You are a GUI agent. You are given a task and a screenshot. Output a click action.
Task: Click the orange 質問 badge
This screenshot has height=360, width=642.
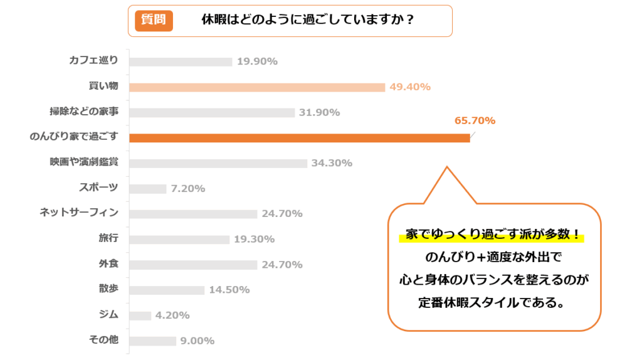pyautogui.click(x=154, y=20)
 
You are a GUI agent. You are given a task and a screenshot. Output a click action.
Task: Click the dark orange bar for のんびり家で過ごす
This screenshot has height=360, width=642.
pyautogui.click(x=299, y=138)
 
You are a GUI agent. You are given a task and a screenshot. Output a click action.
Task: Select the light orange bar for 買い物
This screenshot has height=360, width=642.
pyautogui.click(x=257, y=87)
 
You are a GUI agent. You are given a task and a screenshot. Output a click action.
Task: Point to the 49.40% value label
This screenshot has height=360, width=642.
pyautogui.click(x=410, y=87)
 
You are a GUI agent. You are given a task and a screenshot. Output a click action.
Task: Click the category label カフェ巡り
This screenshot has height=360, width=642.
pyautogui.click(x=93, y=61)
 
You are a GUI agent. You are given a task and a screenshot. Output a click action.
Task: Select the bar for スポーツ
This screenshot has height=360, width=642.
pyautogui.click(x=148, y=189)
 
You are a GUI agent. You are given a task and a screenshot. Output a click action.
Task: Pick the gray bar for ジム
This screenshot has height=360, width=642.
pyautogui.click(x=140, y=315)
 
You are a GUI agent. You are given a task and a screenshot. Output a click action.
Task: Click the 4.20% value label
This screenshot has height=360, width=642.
pyautogui.click(x=172, y=315)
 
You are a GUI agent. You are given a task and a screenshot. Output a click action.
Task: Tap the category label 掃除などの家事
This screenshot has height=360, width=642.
pyautogui.click(x=84, y=112)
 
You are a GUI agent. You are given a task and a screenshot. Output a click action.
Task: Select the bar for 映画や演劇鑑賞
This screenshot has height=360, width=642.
pyautogui.click(x=218, y=163)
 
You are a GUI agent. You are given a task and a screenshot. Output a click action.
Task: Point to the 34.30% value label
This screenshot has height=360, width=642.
pyautogui.click(x=332, y=163)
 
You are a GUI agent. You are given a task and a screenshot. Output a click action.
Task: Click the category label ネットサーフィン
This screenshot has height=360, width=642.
pyautogui.click(x=79, y=213)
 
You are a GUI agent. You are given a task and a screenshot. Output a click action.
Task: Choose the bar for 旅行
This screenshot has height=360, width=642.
pyautogui.click(x=179, y=240)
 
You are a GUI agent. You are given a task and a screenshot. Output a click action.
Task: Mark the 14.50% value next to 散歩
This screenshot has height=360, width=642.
pyautogui.click(x=229, y=290)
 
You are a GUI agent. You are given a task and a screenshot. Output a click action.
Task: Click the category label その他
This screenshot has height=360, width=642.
pyautogui.click(x=103, y=340)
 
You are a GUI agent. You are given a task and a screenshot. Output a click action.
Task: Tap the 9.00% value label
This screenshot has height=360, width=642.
pyautogui.click(x=197, y=341)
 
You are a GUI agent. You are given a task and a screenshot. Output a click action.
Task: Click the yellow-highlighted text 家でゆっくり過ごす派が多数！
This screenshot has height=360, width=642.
pyautogui.click(x=492, y=236)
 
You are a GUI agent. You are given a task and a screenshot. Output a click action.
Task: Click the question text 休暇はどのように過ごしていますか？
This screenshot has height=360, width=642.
pyautogui.click(x=307, y=20)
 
